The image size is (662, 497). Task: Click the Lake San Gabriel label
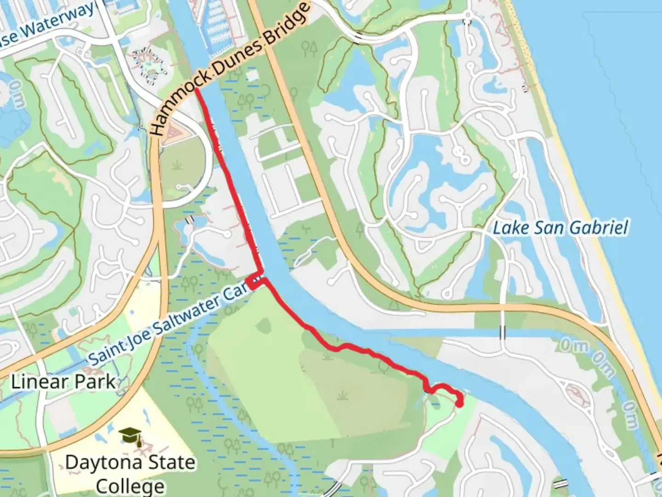pos(560,228)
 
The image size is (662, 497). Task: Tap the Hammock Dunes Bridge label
pos(230,69)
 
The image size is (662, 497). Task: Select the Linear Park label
pos(63,382)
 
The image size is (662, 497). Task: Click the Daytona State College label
pos(130,474)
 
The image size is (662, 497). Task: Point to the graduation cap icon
pos(130,435)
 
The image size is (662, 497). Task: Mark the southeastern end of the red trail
pos(459,404)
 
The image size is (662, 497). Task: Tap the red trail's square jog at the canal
pos(255,282)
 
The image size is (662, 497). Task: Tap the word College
pos(130,486)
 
